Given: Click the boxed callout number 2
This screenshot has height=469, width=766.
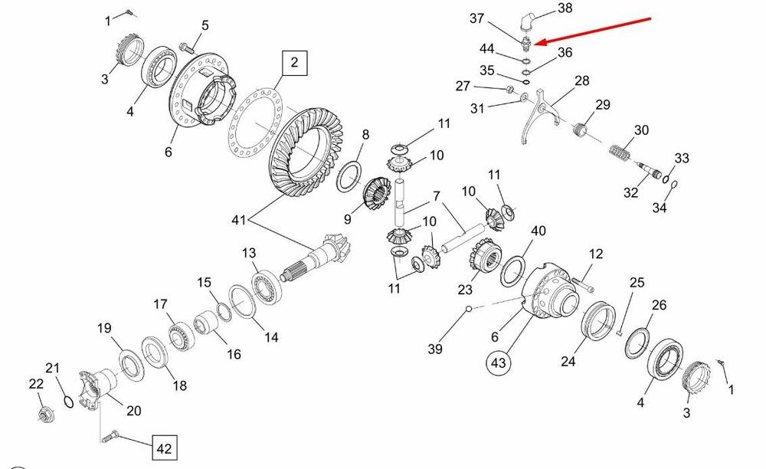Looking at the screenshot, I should point(293,63).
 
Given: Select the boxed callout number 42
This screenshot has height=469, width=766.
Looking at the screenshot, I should point(164,446).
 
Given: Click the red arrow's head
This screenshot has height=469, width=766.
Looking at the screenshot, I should point(537,43).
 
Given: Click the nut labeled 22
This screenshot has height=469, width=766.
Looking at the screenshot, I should point(43,415).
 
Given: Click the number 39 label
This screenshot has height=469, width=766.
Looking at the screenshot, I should point(435,349).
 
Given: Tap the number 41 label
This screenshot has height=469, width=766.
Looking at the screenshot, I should point(239,221).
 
